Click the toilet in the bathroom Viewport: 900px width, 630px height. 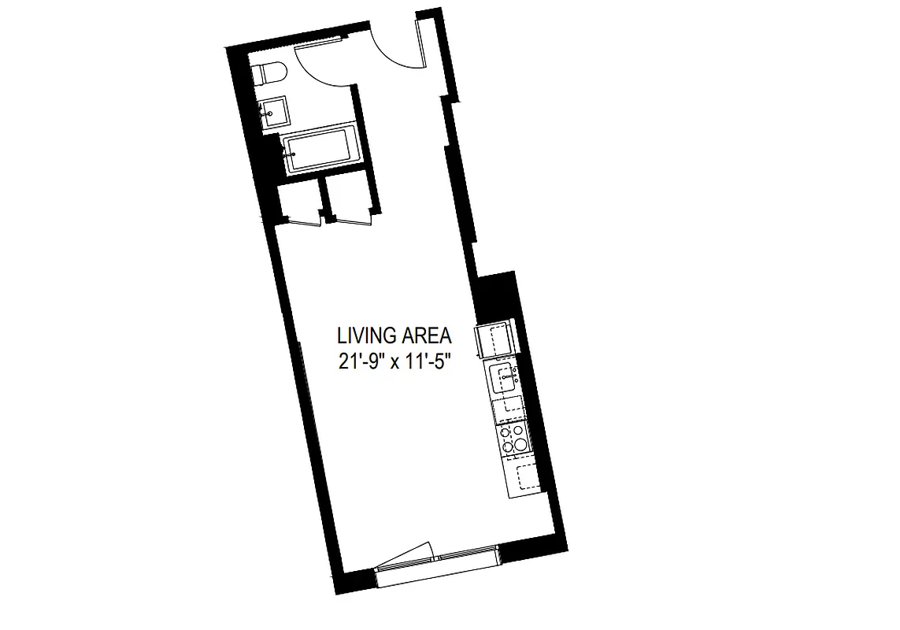click(265, 73)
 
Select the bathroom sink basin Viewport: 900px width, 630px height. click(273, 112)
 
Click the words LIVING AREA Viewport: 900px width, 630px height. click(394, 336)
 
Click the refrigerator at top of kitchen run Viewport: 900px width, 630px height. click(495, 342)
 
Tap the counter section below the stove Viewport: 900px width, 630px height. click(520, 477)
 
